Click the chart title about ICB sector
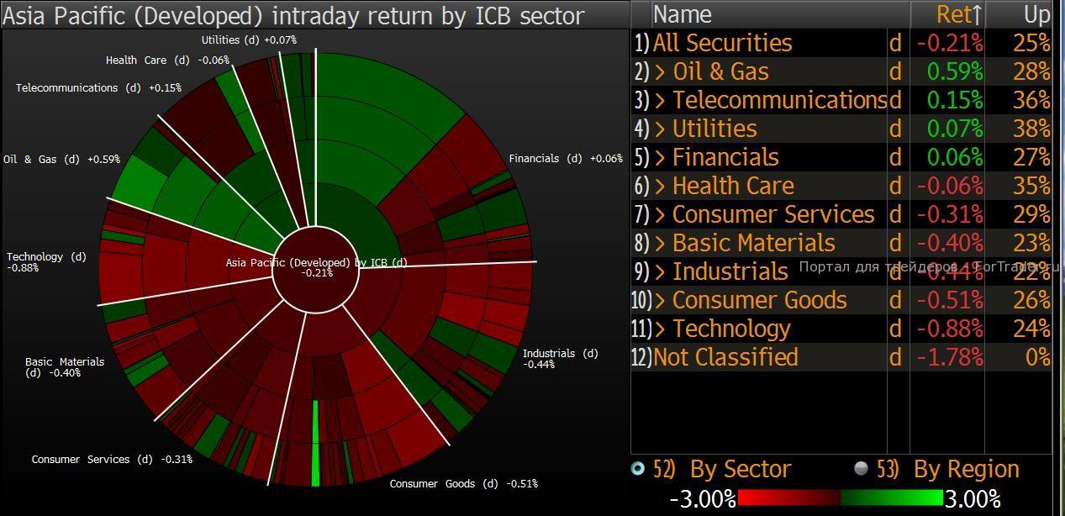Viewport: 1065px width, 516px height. click(293, 15)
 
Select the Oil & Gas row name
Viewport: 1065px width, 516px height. click(720, 71)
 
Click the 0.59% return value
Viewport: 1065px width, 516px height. click(954, 71)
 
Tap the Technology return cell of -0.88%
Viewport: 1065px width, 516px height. click(949, 329)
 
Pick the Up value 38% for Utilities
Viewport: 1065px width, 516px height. click(1031, 129)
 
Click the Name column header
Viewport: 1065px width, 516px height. click(682, 14)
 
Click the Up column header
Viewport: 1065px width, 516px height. click(1036, 14)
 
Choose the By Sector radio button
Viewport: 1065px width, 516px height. click(638, 469)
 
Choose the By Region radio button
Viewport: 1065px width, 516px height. click(861, 469)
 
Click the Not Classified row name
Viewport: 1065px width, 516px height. click(725, 357)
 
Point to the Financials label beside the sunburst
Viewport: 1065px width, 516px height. click(566, 159)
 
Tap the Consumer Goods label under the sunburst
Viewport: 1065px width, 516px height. click(463, 484)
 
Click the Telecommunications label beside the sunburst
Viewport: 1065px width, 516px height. click(98, 88)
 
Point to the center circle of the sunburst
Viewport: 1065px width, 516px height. click(316, 271)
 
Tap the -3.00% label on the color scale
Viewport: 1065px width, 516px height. click(703, 499)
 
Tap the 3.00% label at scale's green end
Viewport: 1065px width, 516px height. click(973, 499)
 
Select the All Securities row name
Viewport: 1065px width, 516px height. click(722, 43)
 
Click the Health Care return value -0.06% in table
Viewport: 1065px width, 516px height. click(949, 186)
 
